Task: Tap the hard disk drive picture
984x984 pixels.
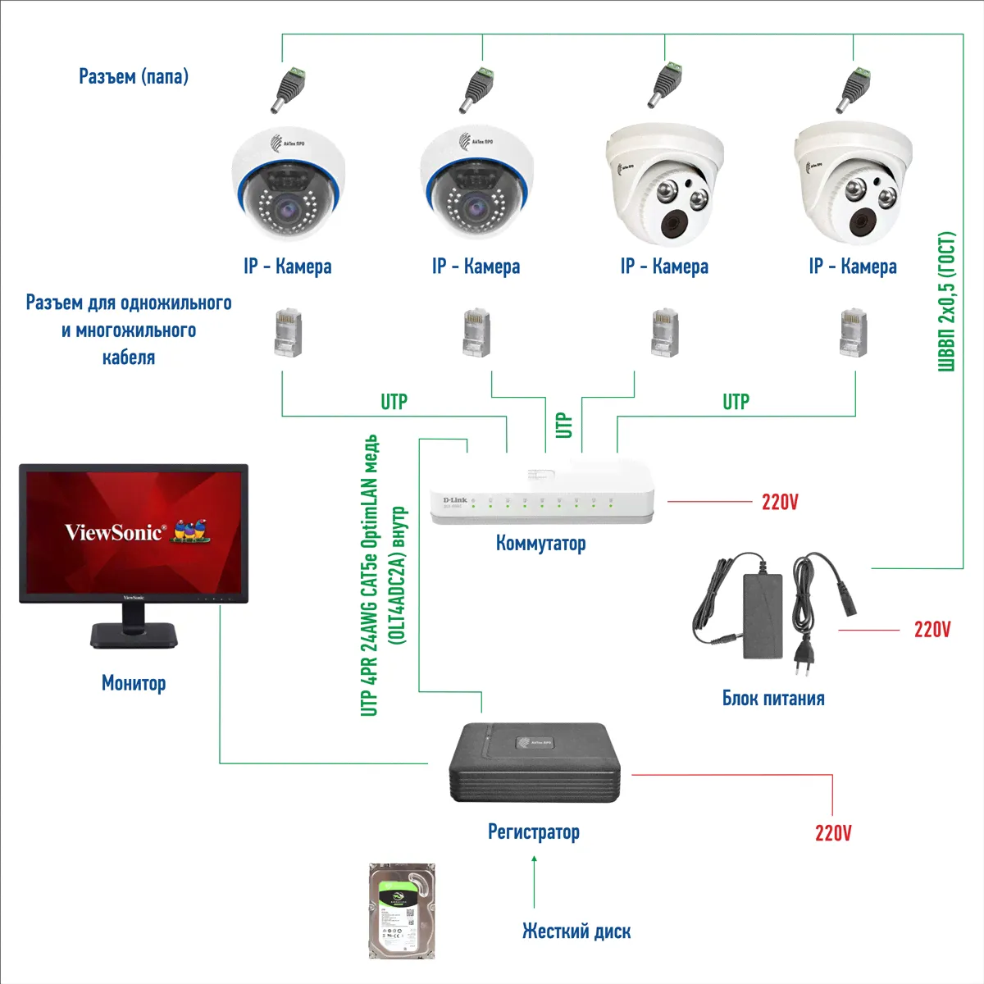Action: (402, 910)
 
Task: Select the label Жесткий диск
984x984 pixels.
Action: (576, 932)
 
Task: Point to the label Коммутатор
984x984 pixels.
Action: (540, 543)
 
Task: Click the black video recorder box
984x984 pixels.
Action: (535, 763)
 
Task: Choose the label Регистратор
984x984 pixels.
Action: (533, 832)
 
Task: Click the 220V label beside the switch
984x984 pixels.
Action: (780, 502)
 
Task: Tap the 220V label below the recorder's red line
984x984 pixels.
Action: (833, 833)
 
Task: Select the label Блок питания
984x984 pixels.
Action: (773, 699)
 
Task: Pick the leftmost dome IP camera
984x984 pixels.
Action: (288, 185)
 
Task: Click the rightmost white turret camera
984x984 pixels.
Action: (853, 184)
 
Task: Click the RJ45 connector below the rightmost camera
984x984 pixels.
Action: (854, 333)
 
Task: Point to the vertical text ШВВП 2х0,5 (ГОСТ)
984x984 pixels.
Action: (946, 302)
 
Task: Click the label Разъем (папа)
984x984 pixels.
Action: (134, 76)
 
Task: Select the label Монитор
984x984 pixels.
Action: (134, 683)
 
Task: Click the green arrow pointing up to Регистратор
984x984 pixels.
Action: (534, 881)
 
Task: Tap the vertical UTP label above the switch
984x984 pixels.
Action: (563, 425)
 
